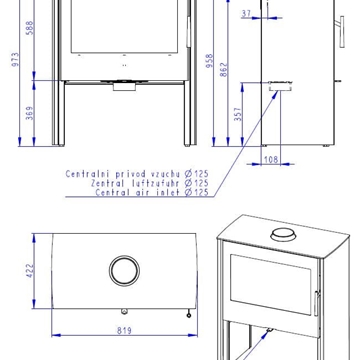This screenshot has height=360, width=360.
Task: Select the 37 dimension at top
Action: (x=246, y=12)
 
